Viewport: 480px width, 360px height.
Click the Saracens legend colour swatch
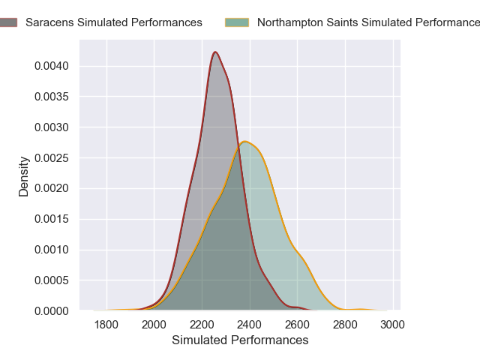[8, 22]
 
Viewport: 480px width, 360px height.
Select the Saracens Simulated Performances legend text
[113, 22]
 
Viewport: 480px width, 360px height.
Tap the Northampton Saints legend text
[367, 22]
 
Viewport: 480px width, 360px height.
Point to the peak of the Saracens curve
[215, 52]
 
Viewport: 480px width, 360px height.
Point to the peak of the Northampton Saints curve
[244, 142]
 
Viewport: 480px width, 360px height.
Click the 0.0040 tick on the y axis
[52, 66]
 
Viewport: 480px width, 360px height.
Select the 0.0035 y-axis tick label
[52, 97]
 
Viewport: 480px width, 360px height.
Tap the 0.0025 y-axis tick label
[52, 157]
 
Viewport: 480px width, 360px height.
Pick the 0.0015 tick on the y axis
[52, 219]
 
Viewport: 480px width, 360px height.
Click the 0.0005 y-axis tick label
[52, 280]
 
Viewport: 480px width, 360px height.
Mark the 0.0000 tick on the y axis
[52, 310]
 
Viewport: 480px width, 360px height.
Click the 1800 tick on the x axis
[106, 325]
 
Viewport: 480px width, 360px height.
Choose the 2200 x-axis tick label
[202, 325]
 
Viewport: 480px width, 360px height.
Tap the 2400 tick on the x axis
[250, 325]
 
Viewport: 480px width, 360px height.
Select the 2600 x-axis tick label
[297, 325]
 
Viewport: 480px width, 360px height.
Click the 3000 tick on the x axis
[392, 325]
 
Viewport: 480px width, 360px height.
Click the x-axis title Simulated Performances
[240, 340]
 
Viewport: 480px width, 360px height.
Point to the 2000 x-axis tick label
[154, 325]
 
